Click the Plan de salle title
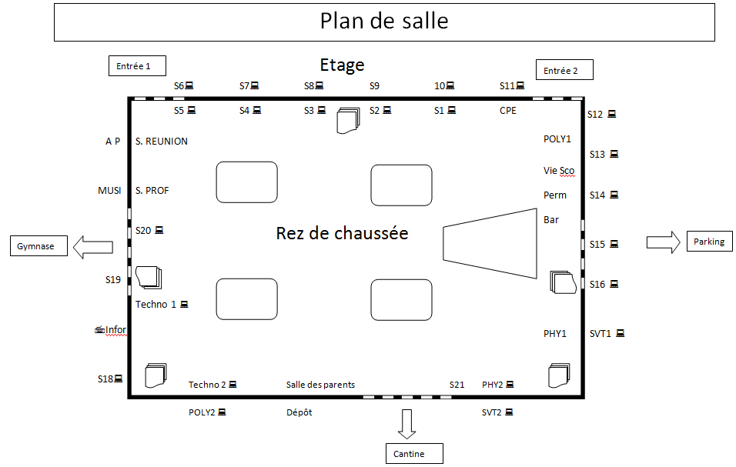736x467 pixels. point(384,22)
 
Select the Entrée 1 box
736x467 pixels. point(137,67)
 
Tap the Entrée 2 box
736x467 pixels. point(564,71)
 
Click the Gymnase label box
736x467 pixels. point(37,246)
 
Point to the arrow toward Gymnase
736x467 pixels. point(92,246)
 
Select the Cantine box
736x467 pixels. point(415,454)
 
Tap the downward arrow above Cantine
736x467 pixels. point(407,423)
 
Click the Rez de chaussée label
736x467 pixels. point(342,232)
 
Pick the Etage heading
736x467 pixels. point(342,65)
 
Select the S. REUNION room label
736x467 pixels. point(162,142)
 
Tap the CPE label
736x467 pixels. point(508,111)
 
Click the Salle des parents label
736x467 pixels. point(320,385)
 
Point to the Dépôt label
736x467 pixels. point(299,412)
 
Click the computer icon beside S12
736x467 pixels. point(612,115)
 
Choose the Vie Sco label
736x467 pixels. point(559,170)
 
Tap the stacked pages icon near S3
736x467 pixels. point(348,121)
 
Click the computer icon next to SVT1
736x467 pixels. point(620,333)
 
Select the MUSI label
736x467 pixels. point(109,191)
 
